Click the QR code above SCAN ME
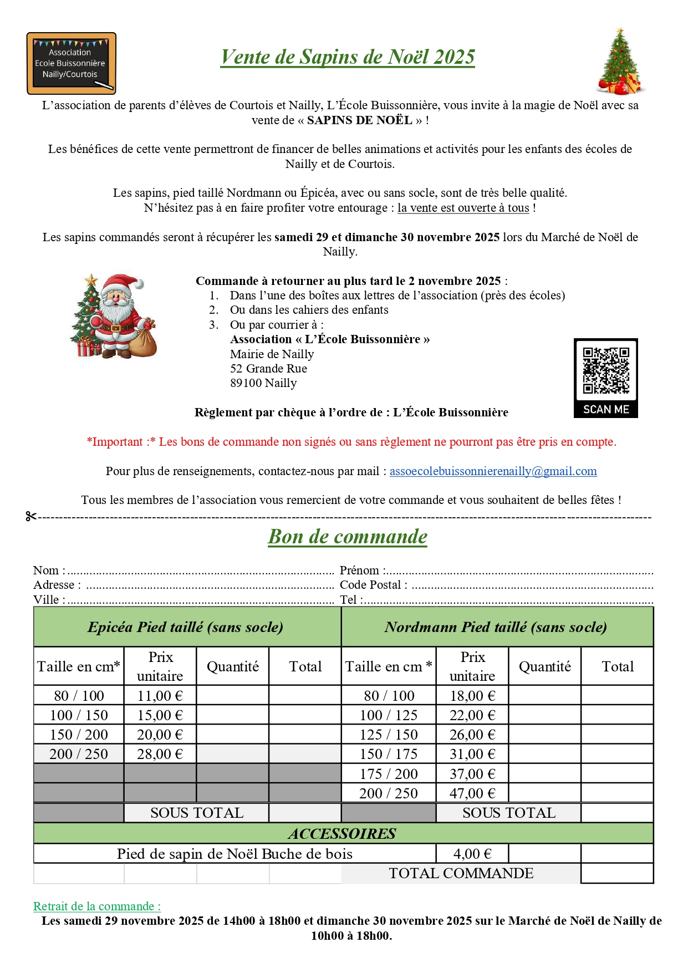click(x=605, y=370)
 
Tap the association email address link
click(x=493, y=471)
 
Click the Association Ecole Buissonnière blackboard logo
click(x=72, y=63)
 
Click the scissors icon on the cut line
click(x=31, y=517)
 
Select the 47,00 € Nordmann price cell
click(x=472, y=793)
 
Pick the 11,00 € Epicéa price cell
click(x=160, y=696)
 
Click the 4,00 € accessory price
click(x=472, y=854)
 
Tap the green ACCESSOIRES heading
click(x=342, y=834)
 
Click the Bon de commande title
click(x=348, y=537)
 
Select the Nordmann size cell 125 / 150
click(x=388, y=735)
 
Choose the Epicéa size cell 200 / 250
click(x=79, y=754)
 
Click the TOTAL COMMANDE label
click(x=461, y=874)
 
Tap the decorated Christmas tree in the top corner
click(x=620, y=62)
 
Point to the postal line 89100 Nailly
click(x=263, y=383)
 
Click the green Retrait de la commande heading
click(x=97, y=906)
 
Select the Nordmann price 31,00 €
click(x=472, y=754)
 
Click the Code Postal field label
click(x=373, y=585)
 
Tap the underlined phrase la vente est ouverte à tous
click(x=463, y=208)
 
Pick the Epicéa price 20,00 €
click(x=160, y=735)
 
